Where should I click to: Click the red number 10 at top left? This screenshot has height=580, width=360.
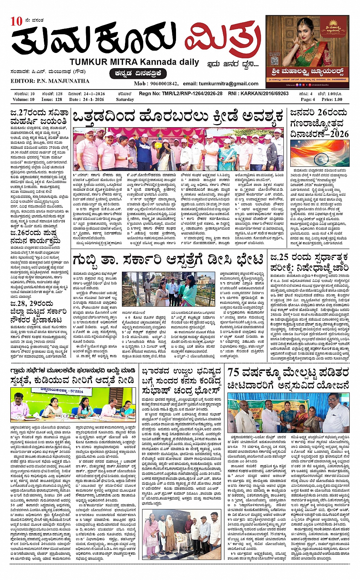coord(17,21)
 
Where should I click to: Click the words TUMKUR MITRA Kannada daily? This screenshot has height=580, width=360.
coord(134,62)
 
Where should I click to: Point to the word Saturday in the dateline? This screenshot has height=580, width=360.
coord(125,99)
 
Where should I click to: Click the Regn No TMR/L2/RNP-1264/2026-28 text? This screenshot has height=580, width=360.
coord(181,94)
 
